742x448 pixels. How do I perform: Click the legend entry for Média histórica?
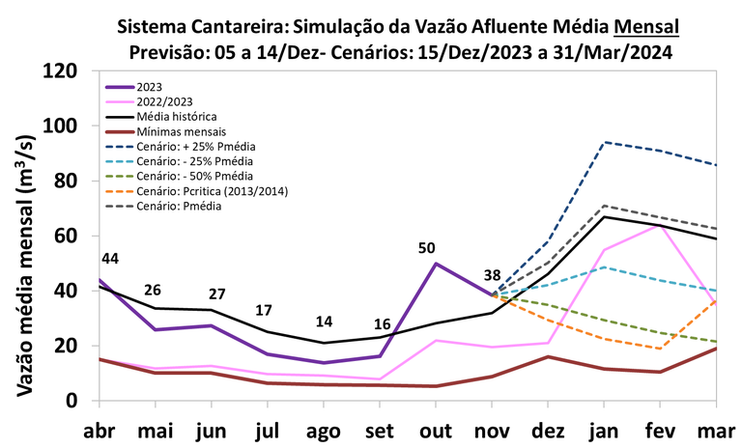click(177, 115)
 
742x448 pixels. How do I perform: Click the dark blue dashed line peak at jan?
click(604, 142)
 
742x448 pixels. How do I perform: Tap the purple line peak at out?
click(436, 263)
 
